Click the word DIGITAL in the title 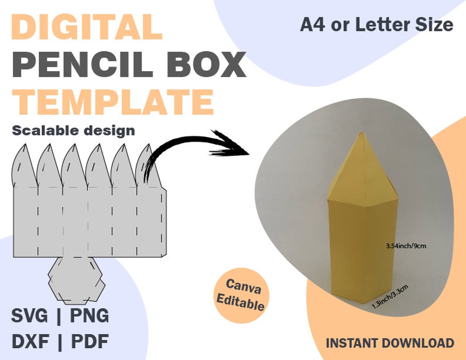click(x=87, y=27)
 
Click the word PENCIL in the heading click(x=82, y=65)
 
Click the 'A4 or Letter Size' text click(x=376, y=25)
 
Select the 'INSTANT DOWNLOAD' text click(x=390, y=343)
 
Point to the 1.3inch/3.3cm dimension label click(x=390, y=297)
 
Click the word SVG click(x=29, y=316)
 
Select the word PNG click(x=89, y=316)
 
